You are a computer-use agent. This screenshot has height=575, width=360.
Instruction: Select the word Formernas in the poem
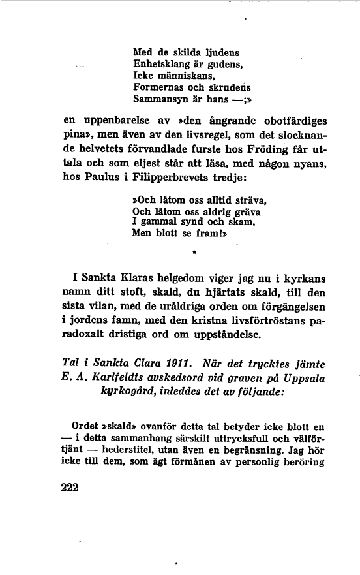(x=157, y=87)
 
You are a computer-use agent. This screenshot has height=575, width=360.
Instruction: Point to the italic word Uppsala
(x=304, y=380)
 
